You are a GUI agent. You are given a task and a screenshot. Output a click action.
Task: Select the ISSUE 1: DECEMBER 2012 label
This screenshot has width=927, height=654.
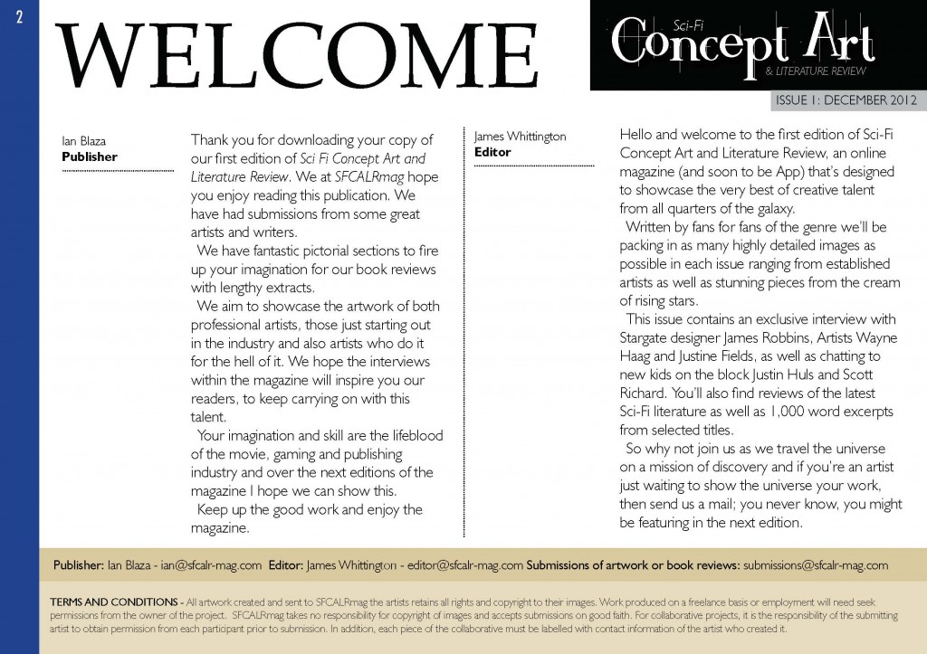845,100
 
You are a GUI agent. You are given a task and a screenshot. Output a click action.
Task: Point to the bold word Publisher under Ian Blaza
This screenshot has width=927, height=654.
90,156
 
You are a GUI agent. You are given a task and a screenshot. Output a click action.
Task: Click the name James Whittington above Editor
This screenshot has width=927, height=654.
520,137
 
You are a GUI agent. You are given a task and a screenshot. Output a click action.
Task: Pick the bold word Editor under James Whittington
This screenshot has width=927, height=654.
492,152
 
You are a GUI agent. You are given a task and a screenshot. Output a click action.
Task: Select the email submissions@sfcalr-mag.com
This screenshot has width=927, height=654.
816,565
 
